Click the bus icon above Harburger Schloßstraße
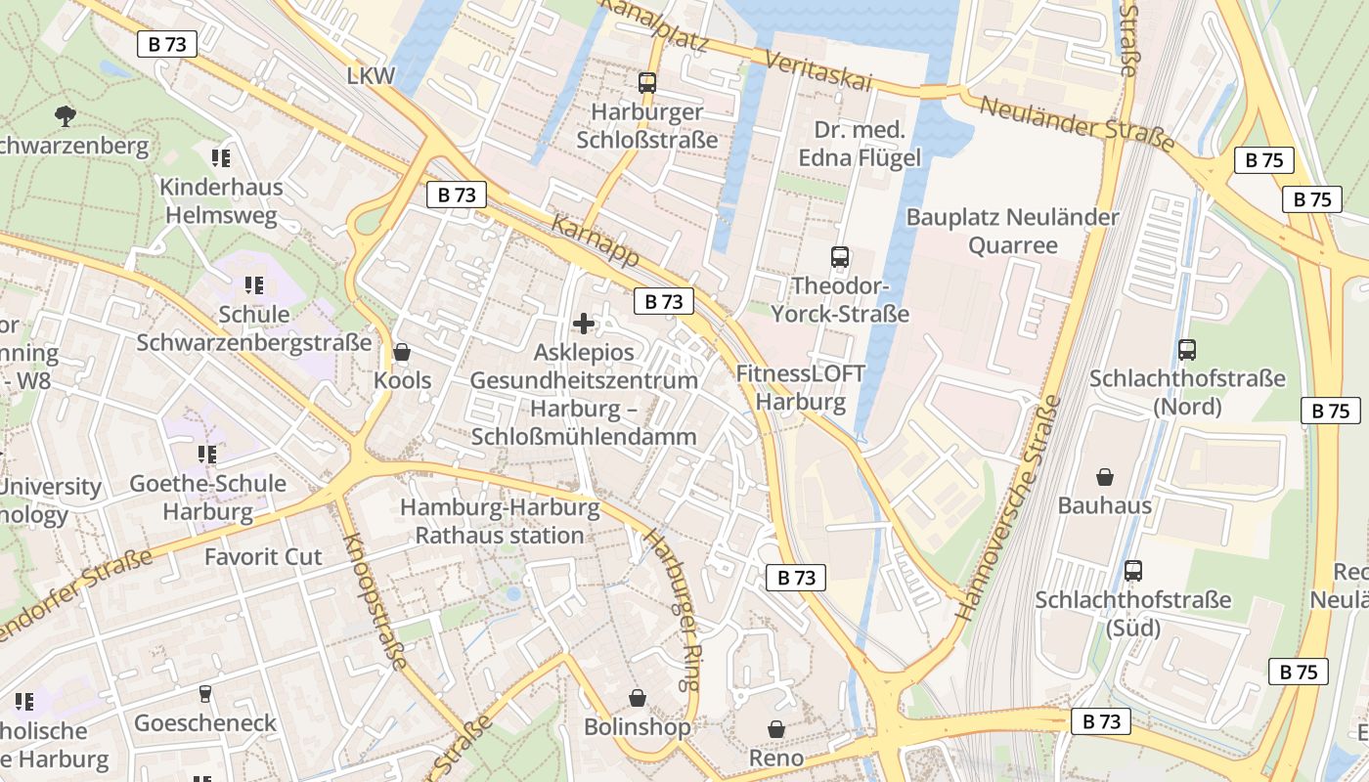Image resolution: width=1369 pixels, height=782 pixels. [646, 83]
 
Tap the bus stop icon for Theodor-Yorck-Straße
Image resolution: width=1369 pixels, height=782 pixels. [839, 257]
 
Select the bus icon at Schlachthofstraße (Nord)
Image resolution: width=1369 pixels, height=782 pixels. [1187, 349]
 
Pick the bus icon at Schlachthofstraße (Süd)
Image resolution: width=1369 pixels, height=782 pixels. [1132, 570]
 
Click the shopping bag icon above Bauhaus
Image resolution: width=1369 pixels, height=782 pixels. [1104, 477]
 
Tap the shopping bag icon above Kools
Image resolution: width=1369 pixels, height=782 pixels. [401, 352]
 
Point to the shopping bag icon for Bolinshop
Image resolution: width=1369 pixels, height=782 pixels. [637, 698]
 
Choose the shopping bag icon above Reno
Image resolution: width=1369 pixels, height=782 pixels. [775, 729]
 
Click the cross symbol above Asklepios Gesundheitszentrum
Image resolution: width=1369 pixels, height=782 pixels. [584, 324]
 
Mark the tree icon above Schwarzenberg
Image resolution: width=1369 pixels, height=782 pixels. [66, 116]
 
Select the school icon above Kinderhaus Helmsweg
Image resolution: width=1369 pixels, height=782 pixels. [220, 157]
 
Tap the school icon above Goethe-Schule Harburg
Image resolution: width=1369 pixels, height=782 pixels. [206, 454]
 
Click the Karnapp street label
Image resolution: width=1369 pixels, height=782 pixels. [596, 240]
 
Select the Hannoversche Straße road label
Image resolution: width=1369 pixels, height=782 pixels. [1008, 508]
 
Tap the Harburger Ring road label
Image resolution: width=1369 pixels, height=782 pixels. [675, 597]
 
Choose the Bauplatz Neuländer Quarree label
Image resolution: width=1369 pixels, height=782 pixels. [1012, 231]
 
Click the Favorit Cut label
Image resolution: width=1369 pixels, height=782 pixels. [263, 557]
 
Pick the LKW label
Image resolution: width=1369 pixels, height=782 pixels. [371, 76]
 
